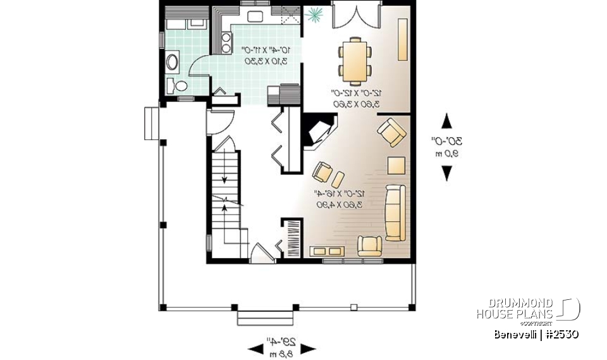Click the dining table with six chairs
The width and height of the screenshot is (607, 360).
pos(354,61)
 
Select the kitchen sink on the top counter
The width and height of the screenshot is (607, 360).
pos(257,17)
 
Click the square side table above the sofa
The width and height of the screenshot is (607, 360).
pos(396,165)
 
